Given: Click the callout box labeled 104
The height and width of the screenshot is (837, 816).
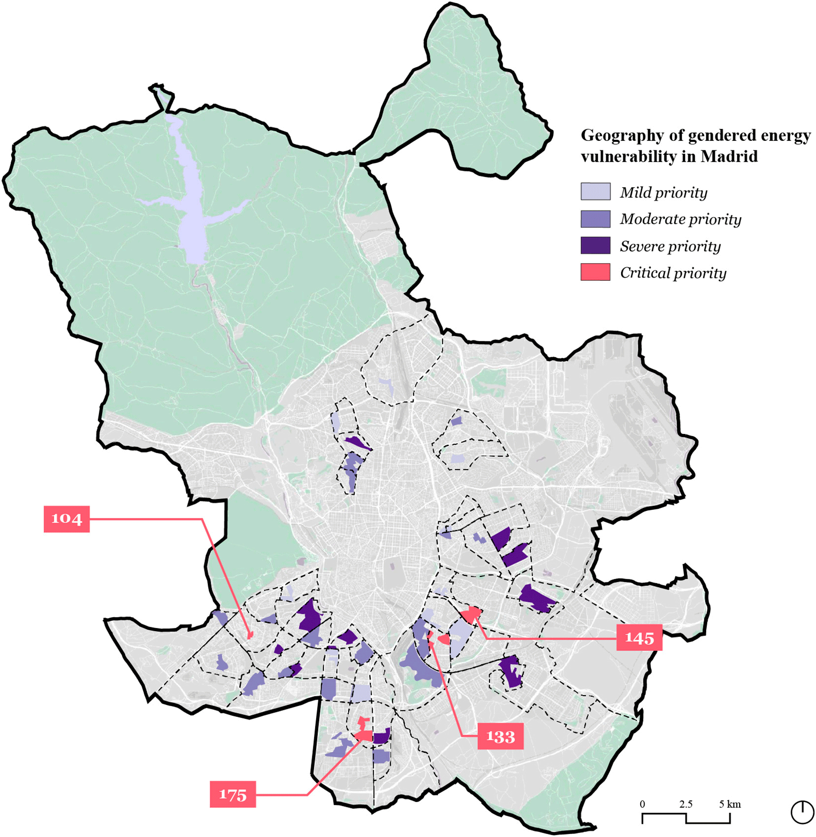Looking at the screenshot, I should pyautogui.click(x=66, y=519).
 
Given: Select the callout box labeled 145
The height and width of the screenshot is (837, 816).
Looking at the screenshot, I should pyautogui.click(x=639, y=638).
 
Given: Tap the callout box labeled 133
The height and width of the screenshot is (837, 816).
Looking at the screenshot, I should pyautogui.click(x=500, y=737).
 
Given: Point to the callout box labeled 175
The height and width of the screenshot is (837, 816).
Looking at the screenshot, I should pyautogui.click(x=232, y=795).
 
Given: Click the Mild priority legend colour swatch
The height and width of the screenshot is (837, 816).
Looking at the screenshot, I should pyautogui.click(x=595, y=192).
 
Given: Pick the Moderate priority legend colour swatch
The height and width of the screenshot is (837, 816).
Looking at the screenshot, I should pyautogui.click(x=595, y=219).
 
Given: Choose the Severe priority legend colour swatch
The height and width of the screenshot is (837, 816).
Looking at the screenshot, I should pyautogui.click(x=595, y=245).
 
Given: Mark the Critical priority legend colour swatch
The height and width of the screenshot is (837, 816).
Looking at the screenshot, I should pyautogui.click(x=595, y=272).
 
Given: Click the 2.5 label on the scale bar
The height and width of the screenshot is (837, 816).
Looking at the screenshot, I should pyautogui.click(x=685, y=804).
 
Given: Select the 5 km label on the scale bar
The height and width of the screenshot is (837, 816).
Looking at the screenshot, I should pyautogui.click(x=729, y=804).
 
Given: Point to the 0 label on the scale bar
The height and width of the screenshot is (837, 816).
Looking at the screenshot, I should pyautogui.click(x=642, y=804).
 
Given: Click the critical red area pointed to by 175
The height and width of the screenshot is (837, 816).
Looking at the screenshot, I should pyautogui.click(x=364, y=735).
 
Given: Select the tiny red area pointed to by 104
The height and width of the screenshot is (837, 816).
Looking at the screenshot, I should pyautogui.click(x=250, y=636).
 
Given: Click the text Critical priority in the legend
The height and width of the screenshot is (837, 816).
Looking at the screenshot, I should pyautogui.click(x=673, y=273).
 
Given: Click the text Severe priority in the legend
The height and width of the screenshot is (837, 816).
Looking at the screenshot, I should pyautogui.click(x=670, y=246).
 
